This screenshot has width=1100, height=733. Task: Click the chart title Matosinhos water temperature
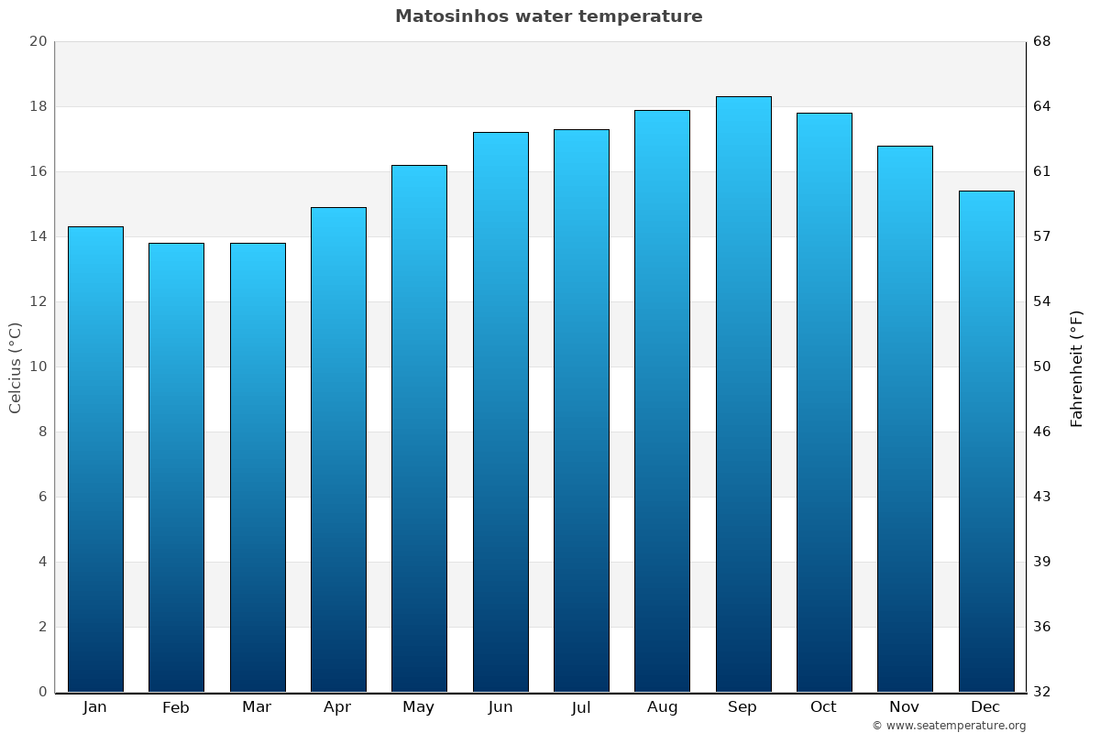tap(548, 16)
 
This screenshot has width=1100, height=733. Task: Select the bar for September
tap(743, 394)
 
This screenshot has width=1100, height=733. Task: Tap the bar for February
tap(176, 467)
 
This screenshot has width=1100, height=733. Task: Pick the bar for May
tap(419, 429)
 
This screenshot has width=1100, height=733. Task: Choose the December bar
tap(986, 442)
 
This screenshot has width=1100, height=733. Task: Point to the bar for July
tap(581, 410)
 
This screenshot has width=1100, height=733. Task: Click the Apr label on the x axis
tap(337, 707)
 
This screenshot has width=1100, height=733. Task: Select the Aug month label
tap(662, 707)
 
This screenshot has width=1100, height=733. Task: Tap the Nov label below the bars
tap(905, 707)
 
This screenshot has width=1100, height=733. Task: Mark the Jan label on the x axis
tap(94, 707)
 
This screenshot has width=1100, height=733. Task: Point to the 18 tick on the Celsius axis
tap(38, 106)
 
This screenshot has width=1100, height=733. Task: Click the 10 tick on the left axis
tap(38, 366)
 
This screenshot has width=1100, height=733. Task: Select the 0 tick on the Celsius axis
tap(41, 692)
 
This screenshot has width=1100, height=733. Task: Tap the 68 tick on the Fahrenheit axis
tap(1043, 41)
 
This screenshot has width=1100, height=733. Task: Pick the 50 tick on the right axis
tap(1043, 366)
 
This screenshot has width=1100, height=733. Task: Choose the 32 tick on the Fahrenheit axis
tap(1043, 692)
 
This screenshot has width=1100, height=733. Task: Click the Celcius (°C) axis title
tap(16, 367)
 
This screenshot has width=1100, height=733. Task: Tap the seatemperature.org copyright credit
tap(949, 726)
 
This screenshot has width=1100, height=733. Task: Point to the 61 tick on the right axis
tap(1042, 171)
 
